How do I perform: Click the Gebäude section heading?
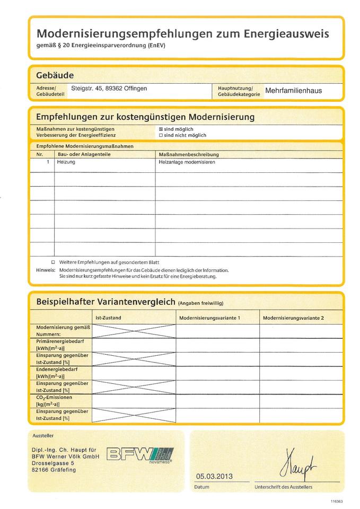coord(55,75)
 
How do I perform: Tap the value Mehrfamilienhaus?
coord(293,91)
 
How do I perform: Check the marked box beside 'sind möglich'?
coord(161,129)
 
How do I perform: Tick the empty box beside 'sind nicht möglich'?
coord(161,135)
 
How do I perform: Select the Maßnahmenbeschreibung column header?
coord(189,154)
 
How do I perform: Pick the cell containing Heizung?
coord(66,162)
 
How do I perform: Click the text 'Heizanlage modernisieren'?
coord(187,162)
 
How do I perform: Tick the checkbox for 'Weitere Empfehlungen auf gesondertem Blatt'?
coord(53,262)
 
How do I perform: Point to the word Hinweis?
coord(45,270)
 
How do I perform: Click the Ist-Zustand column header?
coord(108,318)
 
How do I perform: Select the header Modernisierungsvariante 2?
coord(293,318)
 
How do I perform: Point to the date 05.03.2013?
coord(214,476)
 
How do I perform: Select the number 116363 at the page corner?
coord(336,501)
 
